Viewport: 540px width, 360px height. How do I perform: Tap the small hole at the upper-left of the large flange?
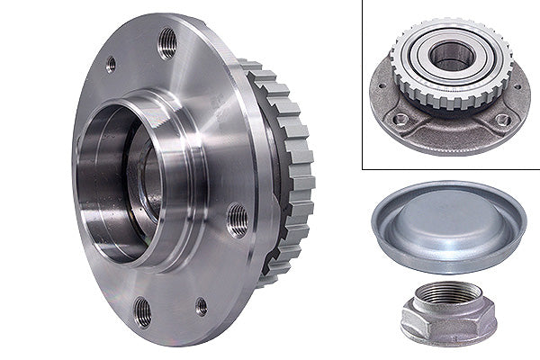[111, 65]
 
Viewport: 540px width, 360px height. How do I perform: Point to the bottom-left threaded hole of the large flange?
[143, 311]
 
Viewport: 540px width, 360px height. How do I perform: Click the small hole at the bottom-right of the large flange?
[201, 306]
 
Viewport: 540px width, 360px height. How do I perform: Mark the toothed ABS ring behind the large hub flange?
[292, 180]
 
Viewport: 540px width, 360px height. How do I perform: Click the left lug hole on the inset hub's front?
[401, 117]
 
